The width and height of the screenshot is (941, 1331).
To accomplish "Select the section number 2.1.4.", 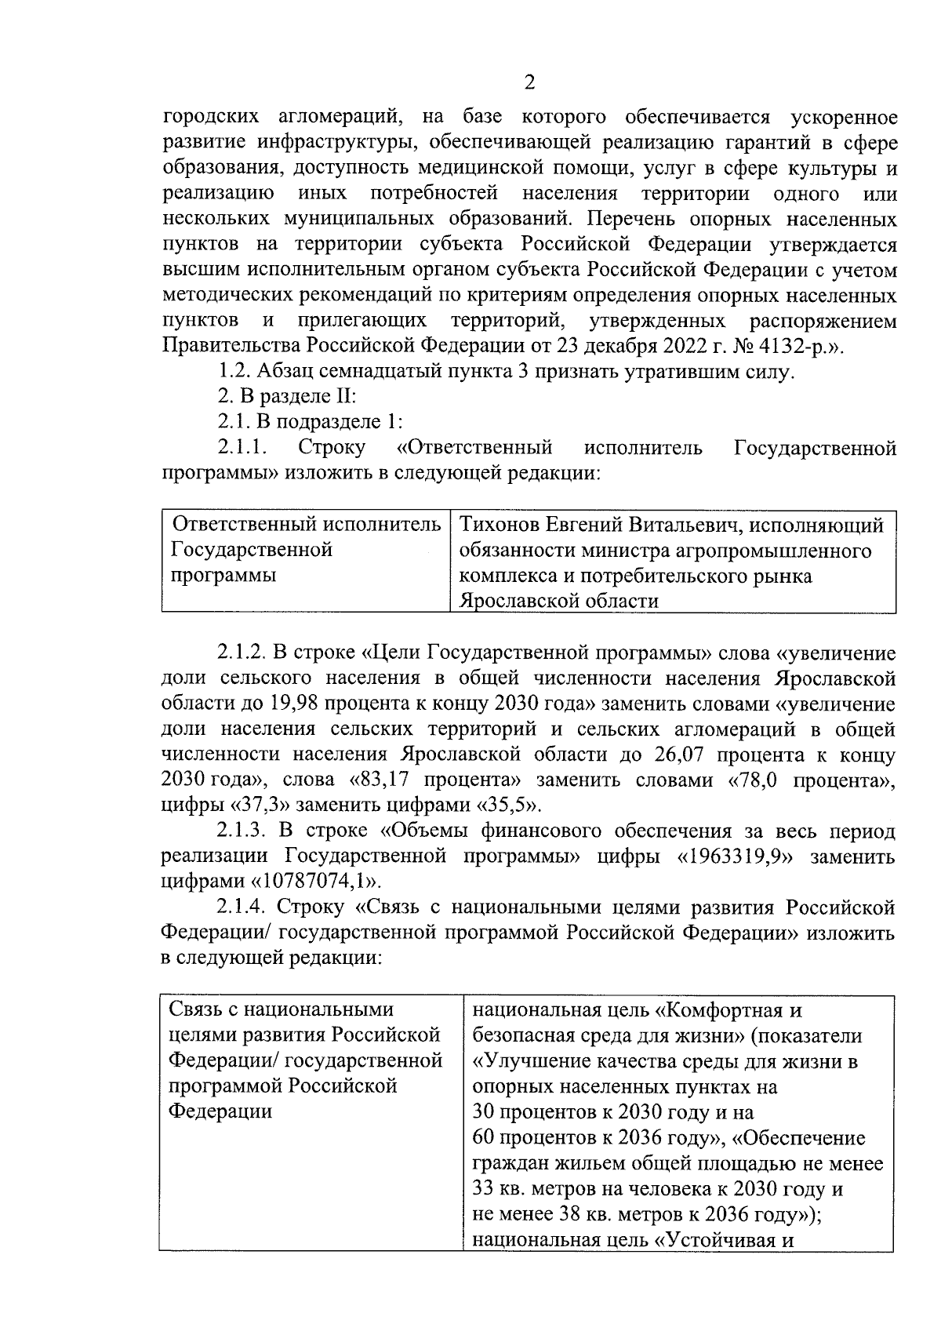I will point(242,907).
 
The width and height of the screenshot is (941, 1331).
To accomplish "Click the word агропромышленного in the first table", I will point(772,550).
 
